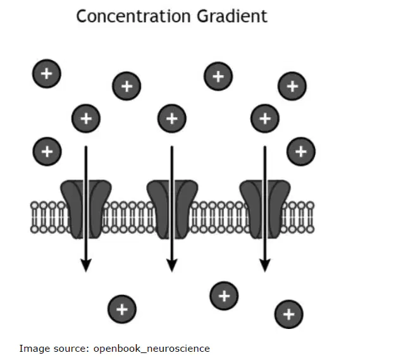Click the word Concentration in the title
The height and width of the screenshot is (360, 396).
coord(133,16)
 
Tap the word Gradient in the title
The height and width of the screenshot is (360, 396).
coord(232,16)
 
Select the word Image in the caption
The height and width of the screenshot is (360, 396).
coord(34,349)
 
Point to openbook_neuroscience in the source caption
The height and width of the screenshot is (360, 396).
coord(152,349)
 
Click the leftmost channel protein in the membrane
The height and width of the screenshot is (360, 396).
coord(86,209)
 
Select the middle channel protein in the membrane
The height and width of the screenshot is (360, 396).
coord(172,209)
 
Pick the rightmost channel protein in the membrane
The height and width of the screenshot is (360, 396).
coord(265,209)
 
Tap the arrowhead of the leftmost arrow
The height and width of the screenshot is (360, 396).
coord(86,265)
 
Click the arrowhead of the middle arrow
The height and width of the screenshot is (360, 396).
coord(172,265)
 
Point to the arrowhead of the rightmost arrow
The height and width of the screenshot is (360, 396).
coord(265,265)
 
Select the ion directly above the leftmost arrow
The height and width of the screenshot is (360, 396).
coord(86,118)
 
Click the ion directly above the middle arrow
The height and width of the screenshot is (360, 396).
coord(172,118)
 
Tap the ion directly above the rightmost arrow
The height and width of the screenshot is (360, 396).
coord(265,118)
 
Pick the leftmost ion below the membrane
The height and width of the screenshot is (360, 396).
coord(122,309)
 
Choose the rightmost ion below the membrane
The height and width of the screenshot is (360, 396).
coord(289,314)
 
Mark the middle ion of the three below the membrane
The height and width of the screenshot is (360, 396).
coord(224,296)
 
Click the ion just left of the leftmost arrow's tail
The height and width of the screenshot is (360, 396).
coord(47,152)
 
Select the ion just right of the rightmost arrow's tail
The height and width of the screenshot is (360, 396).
coord(300,152)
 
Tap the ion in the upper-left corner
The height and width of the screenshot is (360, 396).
coord(47,74)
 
